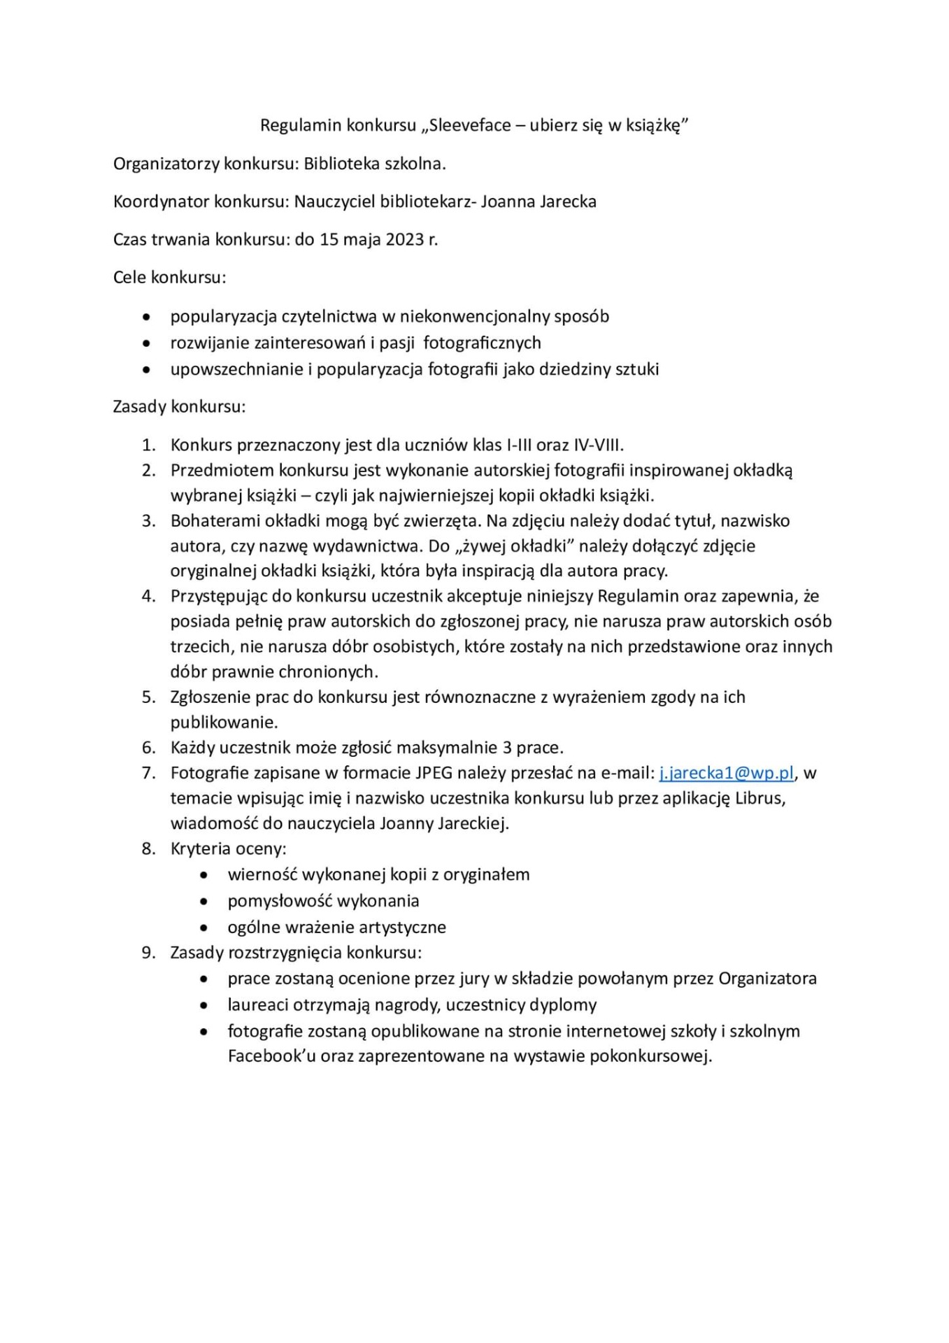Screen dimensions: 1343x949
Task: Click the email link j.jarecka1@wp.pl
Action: pyautogui.click(x=727, y=773)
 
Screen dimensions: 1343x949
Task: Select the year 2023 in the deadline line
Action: pyautogui.click(x=405, y=239)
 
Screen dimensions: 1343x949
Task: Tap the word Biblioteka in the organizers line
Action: pyautogui.click(x=340, y=164)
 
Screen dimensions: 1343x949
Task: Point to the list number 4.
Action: pyautogui.click(x=148, y=596)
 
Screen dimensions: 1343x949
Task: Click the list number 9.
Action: pyautogui.click(x=148, y=953)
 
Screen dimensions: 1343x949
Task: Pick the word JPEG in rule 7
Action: pyautogui.click(x=435, y=773)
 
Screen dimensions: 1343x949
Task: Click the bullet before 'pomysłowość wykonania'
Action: pyautogui.click(x=204, y=901)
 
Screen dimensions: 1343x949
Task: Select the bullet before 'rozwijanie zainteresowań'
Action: pyautogui.click(x=146, y=343)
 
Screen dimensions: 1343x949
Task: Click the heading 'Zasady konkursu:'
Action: pyautogui.click(x=179, y=406)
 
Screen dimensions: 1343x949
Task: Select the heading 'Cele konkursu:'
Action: pyautogui.click(x=169, y=277)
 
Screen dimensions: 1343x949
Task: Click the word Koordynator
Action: pyautogui.click(x=161, y=201)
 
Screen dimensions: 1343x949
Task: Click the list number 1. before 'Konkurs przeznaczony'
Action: pyautogui.click(x=148, y=445)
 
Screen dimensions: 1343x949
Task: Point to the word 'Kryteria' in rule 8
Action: pyautogui.click(x=199, y=848)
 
